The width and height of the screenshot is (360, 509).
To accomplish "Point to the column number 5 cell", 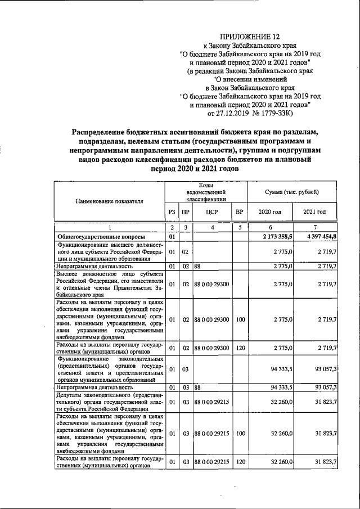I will [240, 227].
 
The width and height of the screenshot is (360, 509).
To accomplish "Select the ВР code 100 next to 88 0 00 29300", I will [240, 319].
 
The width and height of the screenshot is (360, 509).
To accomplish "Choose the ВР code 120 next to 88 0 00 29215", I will [240, 462].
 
